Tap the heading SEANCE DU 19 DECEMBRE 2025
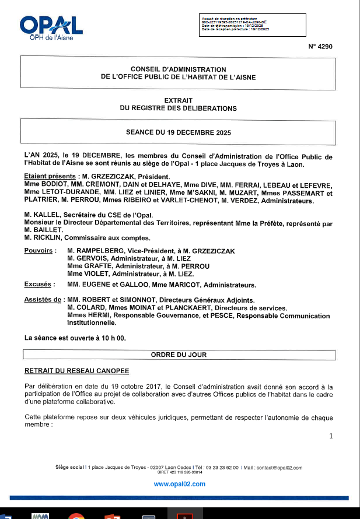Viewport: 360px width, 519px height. click(179, 132)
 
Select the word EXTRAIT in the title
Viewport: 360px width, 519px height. click(178, 100)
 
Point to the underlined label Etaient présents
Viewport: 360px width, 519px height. click(51, 176)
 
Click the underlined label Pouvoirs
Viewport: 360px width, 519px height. click(40, 251)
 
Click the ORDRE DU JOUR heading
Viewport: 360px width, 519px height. click(179, 354)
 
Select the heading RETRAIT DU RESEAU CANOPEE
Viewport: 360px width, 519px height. click(76, 370)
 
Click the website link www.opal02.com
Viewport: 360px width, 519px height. click(180, 484)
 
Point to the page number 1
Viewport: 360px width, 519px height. click(331, 436)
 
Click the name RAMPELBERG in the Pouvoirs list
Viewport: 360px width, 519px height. click(100, 251)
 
